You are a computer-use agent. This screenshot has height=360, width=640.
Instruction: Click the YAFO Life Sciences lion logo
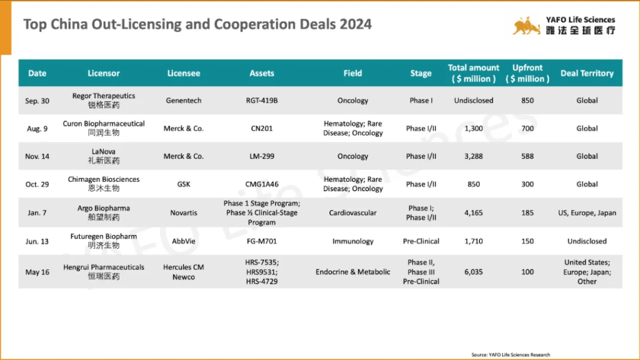526,26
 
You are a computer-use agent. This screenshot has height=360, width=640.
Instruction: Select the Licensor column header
104,73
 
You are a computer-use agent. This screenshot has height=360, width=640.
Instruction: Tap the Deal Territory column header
587,73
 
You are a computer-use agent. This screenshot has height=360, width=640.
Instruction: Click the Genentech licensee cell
184,100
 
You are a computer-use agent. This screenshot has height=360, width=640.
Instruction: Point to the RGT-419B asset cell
261,100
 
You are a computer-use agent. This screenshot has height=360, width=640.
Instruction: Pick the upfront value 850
527,100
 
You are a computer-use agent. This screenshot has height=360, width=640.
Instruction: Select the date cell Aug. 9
37,128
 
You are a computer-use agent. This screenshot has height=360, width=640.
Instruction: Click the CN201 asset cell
261,128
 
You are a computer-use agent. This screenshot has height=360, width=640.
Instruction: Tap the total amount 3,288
474,156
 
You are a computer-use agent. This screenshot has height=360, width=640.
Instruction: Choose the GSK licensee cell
184,184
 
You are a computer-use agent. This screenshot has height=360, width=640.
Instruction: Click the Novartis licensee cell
184,212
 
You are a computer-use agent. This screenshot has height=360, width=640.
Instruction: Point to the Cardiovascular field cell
352,212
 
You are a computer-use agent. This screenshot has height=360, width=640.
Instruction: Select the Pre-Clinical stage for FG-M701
421,241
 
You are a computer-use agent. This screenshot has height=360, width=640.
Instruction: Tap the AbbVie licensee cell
184,241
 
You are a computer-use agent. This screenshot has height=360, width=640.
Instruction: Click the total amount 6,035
474,272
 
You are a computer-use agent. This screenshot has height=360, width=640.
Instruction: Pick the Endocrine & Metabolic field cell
352,272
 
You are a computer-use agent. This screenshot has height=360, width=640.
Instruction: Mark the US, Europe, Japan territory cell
587,212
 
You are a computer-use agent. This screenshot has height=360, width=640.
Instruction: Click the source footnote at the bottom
511,354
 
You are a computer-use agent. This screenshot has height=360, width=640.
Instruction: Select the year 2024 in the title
356,24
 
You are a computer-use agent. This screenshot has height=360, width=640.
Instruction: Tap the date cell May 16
37,272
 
